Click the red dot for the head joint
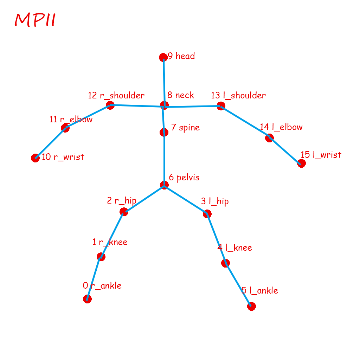[163, 57]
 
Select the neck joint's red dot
[164, 105]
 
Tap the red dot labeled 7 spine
[164, 132]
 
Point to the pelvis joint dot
[164, 185]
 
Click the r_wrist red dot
[35, 158]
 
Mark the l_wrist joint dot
[301, 163]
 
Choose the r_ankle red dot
[87, 299]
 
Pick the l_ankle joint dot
[251, 306]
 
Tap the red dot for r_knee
[101, 257]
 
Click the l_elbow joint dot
[269, 138]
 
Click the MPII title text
[35, 20]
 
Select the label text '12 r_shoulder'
[116, 95]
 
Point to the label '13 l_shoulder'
[238, 95]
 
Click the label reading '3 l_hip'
[215, 201]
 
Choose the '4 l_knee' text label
[235, 247]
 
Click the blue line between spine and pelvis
[164, 158]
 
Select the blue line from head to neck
[164, 81]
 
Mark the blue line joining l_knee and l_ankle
[238, 284]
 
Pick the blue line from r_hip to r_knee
[112, 234]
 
